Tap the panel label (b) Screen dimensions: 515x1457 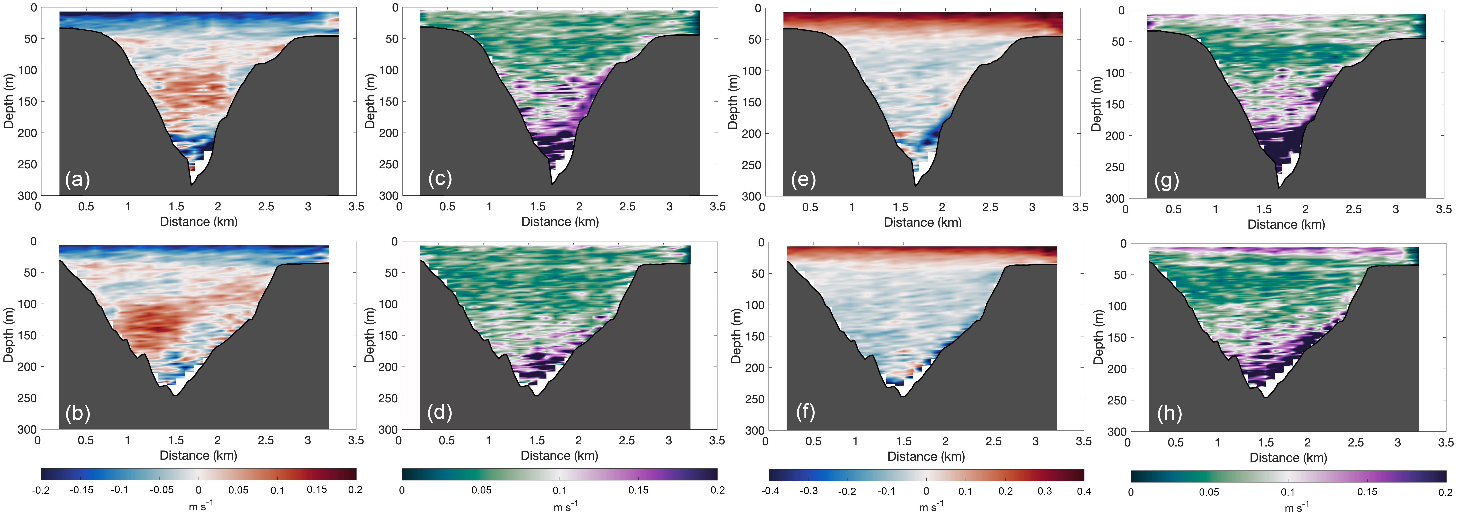(x=77, y=413)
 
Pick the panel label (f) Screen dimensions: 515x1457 (x=805, y=412)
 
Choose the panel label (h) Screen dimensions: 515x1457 (x=1169, y=413)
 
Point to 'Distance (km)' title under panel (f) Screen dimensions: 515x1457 (x=926, y=456)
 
